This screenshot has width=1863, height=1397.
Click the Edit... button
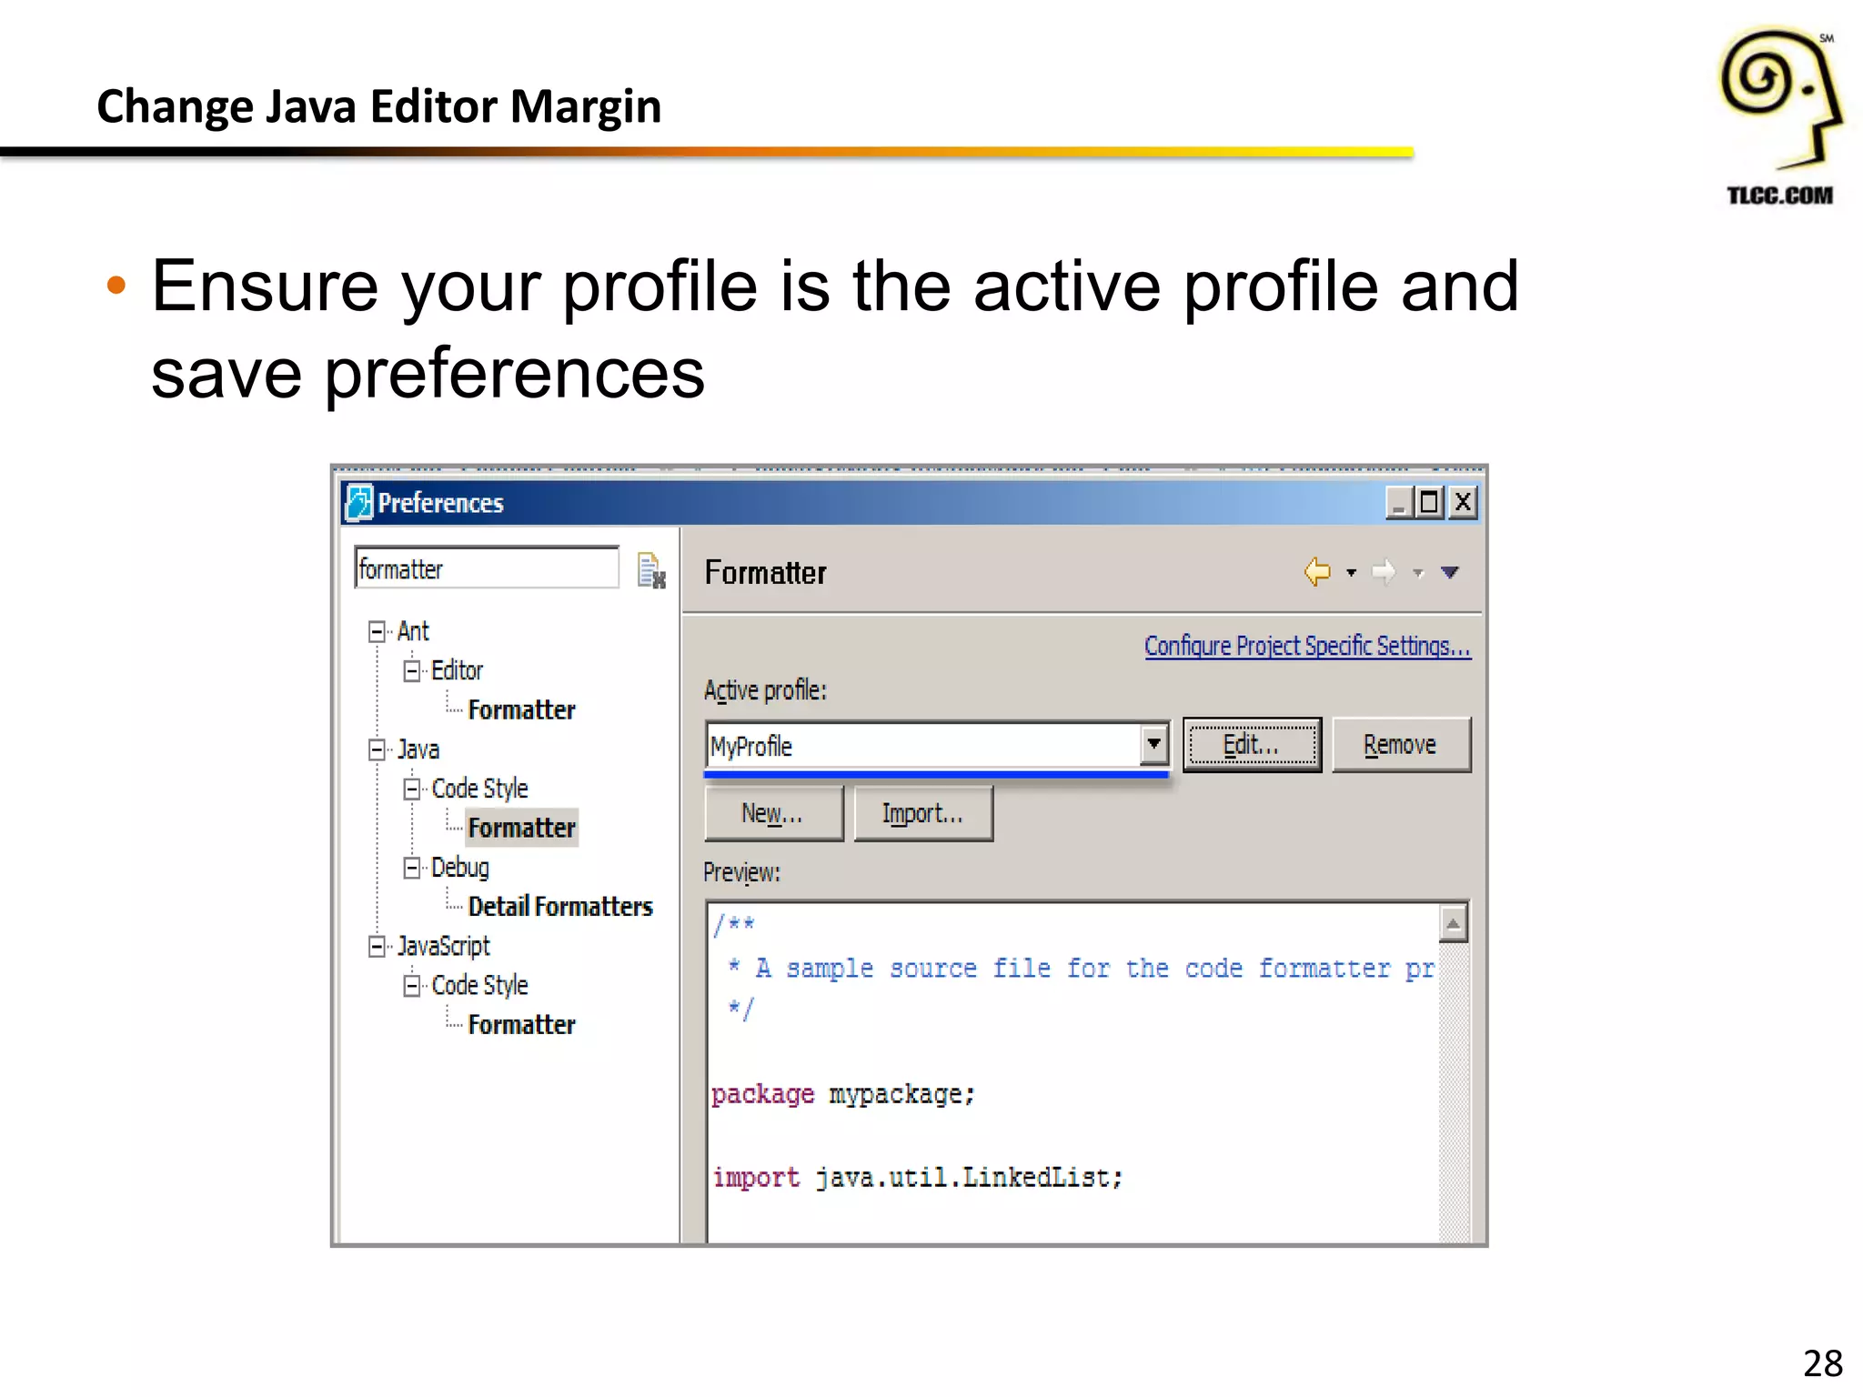click(1252, 745)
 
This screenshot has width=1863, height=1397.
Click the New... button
click(773, 813)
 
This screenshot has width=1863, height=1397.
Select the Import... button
click(922, 813)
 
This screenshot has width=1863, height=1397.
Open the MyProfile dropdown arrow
click(1153, 745)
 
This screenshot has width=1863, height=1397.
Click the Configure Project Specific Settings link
click(1307, 646)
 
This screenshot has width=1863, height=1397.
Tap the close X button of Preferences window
click(1463, 502)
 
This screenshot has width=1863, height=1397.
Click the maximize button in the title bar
click(1430, 502)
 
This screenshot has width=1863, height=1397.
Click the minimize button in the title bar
click(1399, 502)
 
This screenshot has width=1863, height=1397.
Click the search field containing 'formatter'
click(487, 568)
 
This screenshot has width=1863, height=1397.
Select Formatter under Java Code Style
click(521, 828)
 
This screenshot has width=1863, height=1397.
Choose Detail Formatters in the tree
click(560, 907)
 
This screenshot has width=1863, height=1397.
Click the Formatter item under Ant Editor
click(521, 709)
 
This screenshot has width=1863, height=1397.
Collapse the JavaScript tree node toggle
click(377, 946)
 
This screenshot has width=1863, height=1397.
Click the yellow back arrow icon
click(1317, 572)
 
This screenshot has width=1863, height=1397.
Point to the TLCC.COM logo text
click(1779, 196)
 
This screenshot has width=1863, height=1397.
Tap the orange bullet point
click(116, 286)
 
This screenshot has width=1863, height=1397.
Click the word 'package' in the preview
click(762, 1094)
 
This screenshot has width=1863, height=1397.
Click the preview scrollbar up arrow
click(1454, 924)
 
